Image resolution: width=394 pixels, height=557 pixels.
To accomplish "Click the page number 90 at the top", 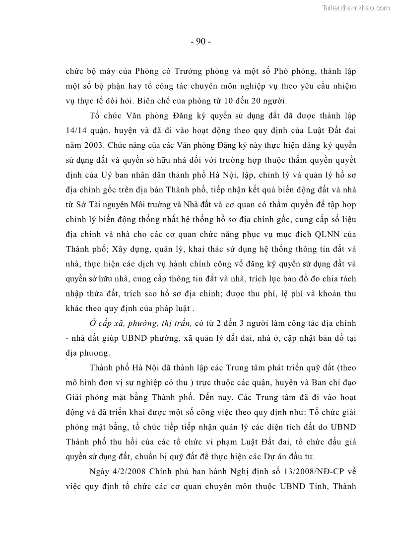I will coord(200,42).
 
